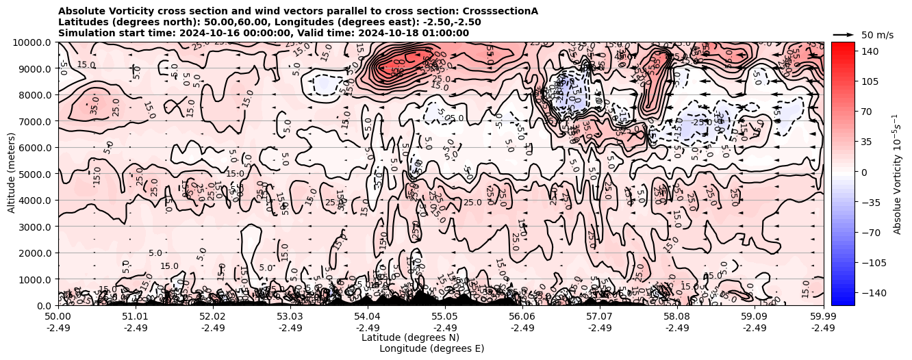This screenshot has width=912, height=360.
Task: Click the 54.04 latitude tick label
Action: pyautogui.click(x=368, y=317)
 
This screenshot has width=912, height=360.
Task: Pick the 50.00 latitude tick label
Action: pyautogui.click(x=58, y=317)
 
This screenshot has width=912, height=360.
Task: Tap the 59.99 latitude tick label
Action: pyautogui.click(x=823, y=317)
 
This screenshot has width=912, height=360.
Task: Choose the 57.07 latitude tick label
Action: pyautogui.click(x=600, y=317)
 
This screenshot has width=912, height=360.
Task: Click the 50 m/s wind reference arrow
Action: pyautogui.click(x=844, y=34)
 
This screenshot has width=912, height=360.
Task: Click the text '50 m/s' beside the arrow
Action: pyautogui.click(x=877, y=35)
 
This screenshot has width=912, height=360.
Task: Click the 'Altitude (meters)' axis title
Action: pyautogui.click(x=12, y=174)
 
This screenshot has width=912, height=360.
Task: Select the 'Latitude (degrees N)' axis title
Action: pyautogui.click(x=410, y=337)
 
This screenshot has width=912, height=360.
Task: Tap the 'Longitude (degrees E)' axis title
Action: pyautogui.click(x=431, y=348)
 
